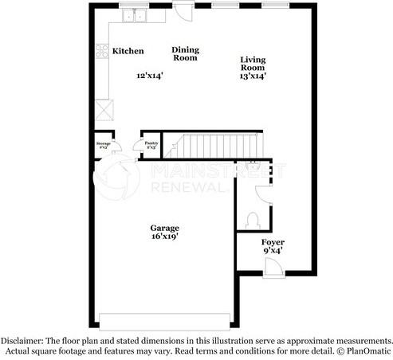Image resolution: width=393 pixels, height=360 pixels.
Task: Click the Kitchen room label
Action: coord(128,51)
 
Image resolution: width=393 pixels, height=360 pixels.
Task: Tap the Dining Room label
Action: coord(186,53)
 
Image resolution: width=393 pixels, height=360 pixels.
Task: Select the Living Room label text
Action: coord(253,65)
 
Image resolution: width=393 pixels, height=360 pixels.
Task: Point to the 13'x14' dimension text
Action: coord(253,77)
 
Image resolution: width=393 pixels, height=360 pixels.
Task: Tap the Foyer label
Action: coord(273,242)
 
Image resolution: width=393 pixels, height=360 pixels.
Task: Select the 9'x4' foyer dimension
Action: coord(273,252)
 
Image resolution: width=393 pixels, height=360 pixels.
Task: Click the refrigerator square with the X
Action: coord(103,108)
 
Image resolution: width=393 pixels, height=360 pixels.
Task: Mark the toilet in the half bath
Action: coord(253,218)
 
